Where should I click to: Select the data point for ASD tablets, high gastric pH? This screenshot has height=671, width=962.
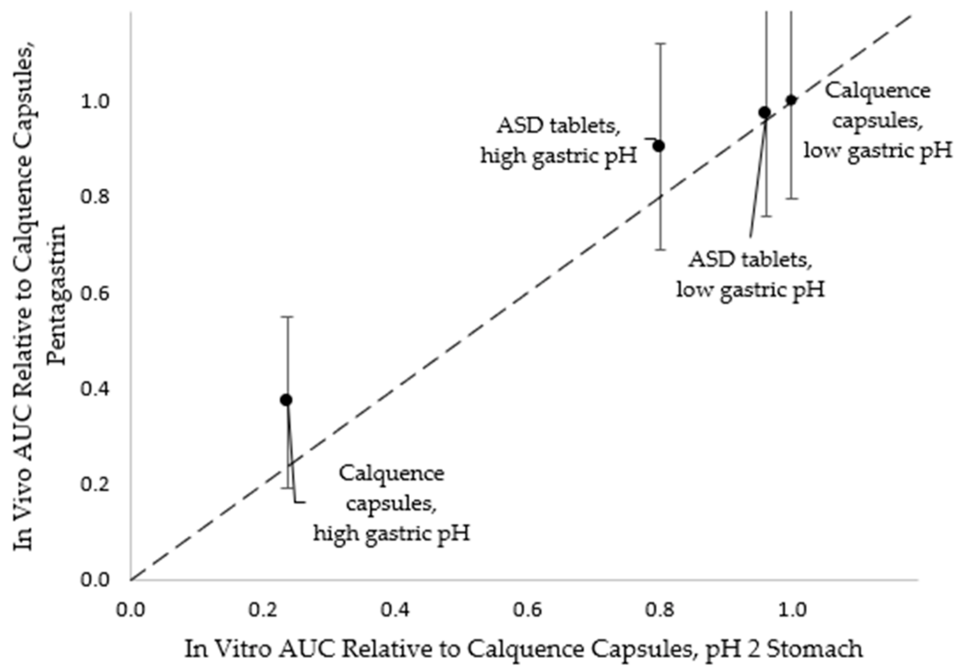[659, 146]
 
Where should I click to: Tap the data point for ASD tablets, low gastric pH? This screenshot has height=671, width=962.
[765, 112]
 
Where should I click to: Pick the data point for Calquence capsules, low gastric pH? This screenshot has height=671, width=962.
[791, 100]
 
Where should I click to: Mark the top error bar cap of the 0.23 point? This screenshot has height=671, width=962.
[287, 317]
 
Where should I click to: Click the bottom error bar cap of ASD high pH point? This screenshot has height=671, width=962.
[660, 250]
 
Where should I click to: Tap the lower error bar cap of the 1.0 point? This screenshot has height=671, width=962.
[791, 199]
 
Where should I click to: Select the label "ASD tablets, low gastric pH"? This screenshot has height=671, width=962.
[750, 275]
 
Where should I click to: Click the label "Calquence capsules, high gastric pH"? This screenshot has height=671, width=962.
[391, 503]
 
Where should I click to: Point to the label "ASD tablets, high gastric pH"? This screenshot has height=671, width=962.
[559, 141]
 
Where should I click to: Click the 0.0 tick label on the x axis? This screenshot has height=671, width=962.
[131, 610]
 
